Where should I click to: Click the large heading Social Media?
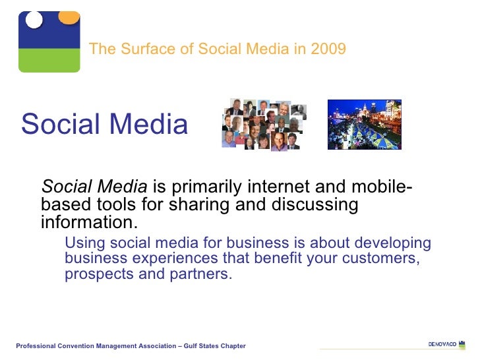[104, 124]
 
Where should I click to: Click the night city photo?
[364, 124]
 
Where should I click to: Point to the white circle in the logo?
[34, 19]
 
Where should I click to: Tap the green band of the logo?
[49, 60]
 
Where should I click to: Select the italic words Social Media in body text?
[94, 189]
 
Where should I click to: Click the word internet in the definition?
[255, 189]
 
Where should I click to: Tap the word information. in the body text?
[90, 222]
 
